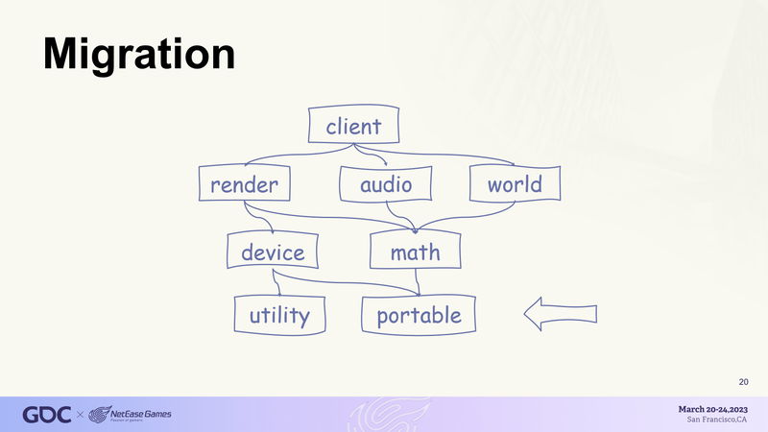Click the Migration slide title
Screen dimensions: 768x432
[139, 55]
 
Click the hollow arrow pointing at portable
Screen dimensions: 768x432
[561, 314]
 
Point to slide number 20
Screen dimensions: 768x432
[743, 382]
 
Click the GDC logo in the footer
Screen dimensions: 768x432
[47, 415]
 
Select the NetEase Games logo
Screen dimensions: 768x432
[130, 415]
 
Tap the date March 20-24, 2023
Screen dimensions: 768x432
[713, 410]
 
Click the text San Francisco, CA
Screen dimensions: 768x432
[717, 420]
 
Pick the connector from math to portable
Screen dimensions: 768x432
[418, 282]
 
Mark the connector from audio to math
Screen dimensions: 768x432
[399, 216]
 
